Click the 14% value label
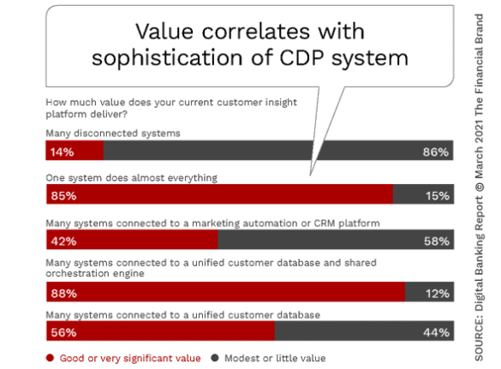tap(62, 152)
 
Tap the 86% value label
tap(436, 152)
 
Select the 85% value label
tap(63, 195)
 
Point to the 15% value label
tap(438, 195)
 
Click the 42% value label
tap(63, 241)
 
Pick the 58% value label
tap(437, 241)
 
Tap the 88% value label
tap(63, 294)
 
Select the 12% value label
tap(438, 294)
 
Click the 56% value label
tap(63, 332)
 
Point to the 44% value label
tap(437, 332)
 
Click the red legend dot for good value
tap(50, 358)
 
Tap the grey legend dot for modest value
tap(215, 358)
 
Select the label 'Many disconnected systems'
tap(113, 134)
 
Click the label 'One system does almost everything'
tap(131, 177)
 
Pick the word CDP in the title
tap(302, 58)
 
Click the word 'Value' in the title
tap(164, 32)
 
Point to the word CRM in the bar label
tap(325, 223)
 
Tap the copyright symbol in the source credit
tap(479, 187)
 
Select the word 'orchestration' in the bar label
tap(81, 273)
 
